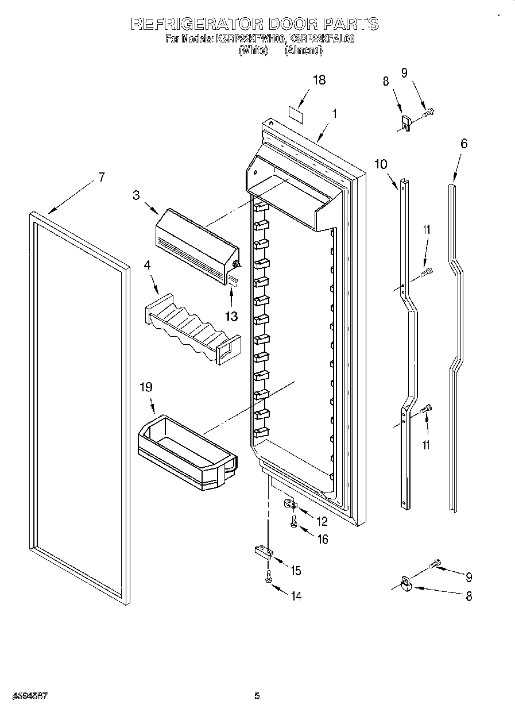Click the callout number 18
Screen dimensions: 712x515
tap(319, 80)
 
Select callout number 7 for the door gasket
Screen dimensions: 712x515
tap(102, 178)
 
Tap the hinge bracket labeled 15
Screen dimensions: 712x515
tap(264, 553)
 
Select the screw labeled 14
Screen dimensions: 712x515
tap(268, 577)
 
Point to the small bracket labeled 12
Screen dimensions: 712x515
tap(290, 505)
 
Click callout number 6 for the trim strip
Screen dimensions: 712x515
tap(463, 143)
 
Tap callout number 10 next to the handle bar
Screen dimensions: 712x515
tap(381, 164)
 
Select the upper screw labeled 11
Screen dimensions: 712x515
tap(427, 272)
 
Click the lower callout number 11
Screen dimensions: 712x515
tap(425, 445)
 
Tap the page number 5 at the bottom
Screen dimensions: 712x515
tap(257, 696)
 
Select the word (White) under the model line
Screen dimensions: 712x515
tap(253, 51)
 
